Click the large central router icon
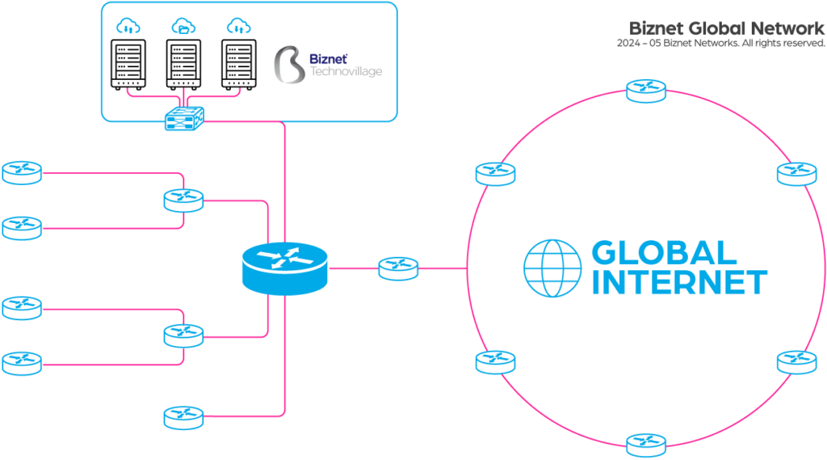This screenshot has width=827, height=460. (x=284, y=268)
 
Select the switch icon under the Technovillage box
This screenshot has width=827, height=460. (x=184, y=119)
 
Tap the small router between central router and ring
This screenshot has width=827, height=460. (x=398, y=268)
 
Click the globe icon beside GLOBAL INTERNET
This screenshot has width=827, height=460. (x=552, y=268)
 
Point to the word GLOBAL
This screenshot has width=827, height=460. (x=664, y=253)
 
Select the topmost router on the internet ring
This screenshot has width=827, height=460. (x=646, y=90)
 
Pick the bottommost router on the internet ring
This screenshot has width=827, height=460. (x=646, y=444)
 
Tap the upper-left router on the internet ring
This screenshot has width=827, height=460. (x=495, y=173)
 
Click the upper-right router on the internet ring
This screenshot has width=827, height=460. (x=797, y=173)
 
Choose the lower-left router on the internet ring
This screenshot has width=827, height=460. (x=495, y=361)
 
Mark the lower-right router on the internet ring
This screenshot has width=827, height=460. (x=797, y=361)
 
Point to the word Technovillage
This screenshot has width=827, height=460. (x=346, y=72)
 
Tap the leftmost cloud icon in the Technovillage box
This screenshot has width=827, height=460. (x=128, y=27)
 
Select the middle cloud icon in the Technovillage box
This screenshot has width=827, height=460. (x=183, y=27)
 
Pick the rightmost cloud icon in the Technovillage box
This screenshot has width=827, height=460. (x=237, y=27)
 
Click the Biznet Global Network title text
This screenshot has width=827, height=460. (x=727, y=28)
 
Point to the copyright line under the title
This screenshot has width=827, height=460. (x=720, y=43)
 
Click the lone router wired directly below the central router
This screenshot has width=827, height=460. (x=183, y=417)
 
